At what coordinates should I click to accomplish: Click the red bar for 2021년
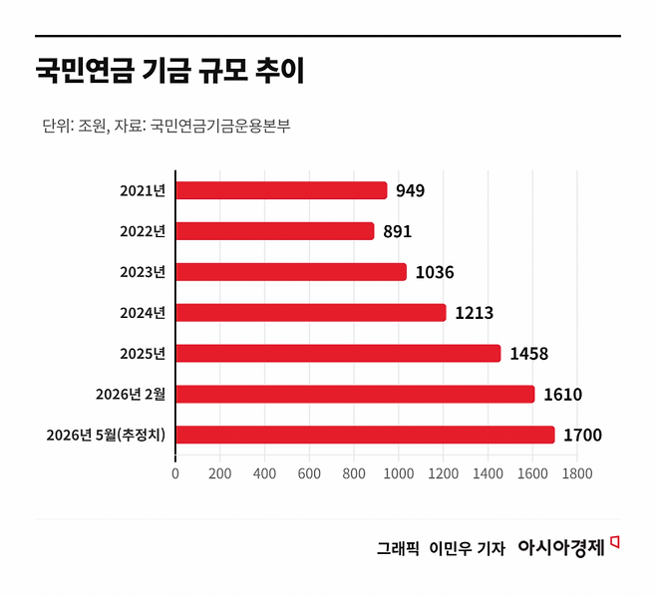(x=281, y=190)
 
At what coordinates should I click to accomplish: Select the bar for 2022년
(x=275, y=231)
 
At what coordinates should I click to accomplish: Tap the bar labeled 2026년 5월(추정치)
(x=365, y=435)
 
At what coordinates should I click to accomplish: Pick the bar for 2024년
(x=311, y=313)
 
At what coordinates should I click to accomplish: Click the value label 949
(x=411, y=190)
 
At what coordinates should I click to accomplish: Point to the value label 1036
(x=435, y=272)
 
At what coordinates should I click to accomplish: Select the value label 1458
(x=528, y=354)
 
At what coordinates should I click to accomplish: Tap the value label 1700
(x=583, y=435)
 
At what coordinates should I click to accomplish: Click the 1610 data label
(x=562, y=395)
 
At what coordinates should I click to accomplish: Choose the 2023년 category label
(x=143, y=272)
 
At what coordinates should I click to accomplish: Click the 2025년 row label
(x=143, y=354)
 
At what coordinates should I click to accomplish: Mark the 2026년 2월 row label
(x=131, y=394)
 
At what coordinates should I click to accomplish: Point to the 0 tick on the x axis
(x=175, y=473)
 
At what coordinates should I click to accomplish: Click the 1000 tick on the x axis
(x=399, y=473)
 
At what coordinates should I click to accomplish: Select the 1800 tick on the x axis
(x=577, y=473)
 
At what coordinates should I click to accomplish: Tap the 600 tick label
(x=309, y=473)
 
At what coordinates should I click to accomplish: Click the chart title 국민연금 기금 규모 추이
(x=169, y=71)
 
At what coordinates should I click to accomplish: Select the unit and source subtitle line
(x=166, y=126)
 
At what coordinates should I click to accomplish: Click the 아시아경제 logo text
(x=561, y=547)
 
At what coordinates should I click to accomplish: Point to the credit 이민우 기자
(x=468, y=548)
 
